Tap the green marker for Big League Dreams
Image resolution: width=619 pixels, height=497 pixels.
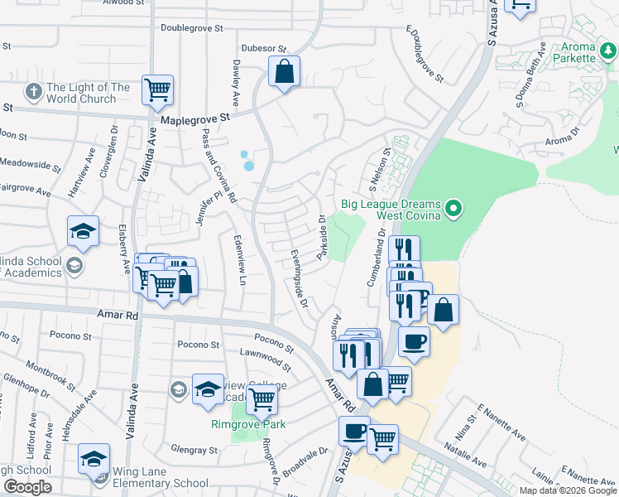(453, 207)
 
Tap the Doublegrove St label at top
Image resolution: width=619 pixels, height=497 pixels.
(192, 27)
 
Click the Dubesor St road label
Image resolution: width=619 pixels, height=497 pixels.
(263, 49)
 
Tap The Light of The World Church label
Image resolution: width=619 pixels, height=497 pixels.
(89, 93)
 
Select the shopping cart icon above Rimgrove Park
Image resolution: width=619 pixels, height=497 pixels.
(262, 400)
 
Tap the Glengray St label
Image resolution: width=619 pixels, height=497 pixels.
(196, 451)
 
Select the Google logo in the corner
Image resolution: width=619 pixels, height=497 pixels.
(27, 487)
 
